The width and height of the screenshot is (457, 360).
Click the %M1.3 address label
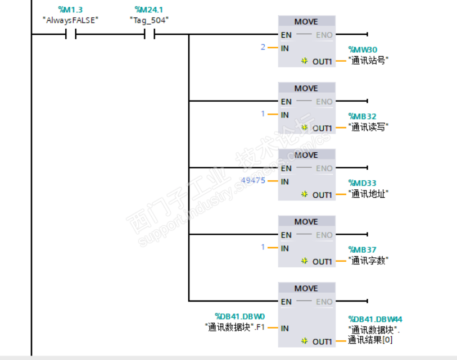click(70, 10)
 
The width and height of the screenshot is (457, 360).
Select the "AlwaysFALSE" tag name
click(70, 20)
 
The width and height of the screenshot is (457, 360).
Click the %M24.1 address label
click(149, 10)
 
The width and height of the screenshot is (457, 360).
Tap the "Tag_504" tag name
click(149, 20)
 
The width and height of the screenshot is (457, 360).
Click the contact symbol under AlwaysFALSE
click(70, 34)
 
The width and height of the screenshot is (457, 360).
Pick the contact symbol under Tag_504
click(149, 34)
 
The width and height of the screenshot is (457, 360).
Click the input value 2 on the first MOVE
click(263, 47)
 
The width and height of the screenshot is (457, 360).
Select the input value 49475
click(253, 180)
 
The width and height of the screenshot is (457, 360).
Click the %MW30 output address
click(363, 49)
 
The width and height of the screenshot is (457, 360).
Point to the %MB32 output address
click(363, 116)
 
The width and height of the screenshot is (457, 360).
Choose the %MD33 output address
click(363, 183)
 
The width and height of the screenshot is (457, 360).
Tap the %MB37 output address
click(363, 249)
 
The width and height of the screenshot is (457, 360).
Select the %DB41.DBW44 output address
click(375, 320)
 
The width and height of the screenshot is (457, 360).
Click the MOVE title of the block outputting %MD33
click(306, 155)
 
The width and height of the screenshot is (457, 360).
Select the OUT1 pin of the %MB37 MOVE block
click(322, 262)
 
